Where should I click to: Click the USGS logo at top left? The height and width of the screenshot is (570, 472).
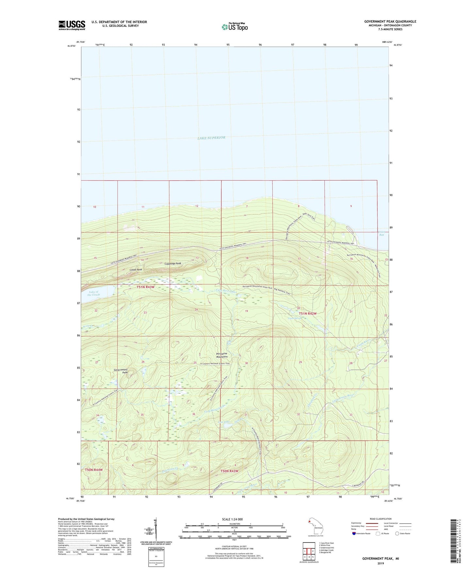72,25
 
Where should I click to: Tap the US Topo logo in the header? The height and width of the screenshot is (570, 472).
235,27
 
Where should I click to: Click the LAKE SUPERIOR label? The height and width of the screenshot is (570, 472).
211,138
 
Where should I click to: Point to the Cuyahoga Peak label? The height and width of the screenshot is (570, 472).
173,263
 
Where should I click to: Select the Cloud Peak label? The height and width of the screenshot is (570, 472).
136,270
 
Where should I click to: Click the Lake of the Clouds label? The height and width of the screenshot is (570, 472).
93,293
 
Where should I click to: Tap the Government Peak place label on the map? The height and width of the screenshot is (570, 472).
121,371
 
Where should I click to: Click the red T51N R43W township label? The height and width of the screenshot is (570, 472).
145,287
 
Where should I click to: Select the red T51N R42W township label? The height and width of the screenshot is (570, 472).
308,313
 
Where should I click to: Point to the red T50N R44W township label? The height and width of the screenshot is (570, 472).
94,470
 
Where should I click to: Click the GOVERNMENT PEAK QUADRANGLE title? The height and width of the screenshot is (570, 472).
390,22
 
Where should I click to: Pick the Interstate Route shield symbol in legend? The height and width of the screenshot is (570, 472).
354,533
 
